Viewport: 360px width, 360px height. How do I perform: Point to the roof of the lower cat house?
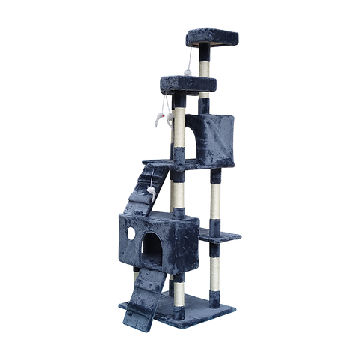click(157, 218)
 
